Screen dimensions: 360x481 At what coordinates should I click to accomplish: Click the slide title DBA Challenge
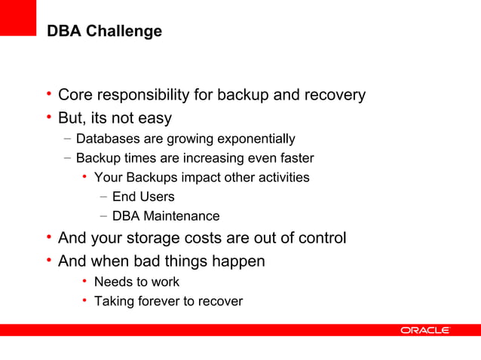coord(104,32)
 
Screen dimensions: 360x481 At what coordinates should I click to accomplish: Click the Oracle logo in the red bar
coord(424,331)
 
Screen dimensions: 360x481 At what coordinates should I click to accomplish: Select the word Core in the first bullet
coord(75,96)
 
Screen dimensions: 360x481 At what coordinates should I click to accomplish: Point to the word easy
coord(155,118)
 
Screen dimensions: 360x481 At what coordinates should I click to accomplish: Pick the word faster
coord(296,158)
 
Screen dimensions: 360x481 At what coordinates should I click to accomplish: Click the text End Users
coord(143,197)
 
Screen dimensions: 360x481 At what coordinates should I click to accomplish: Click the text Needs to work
coord(136,282)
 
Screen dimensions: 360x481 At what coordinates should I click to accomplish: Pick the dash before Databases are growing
coord(68,139)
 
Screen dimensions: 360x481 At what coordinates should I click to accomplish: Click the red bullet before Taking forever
coord(85,301)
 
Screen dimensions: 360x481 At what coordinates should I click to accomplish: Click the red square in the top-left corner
coord(17,17)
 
